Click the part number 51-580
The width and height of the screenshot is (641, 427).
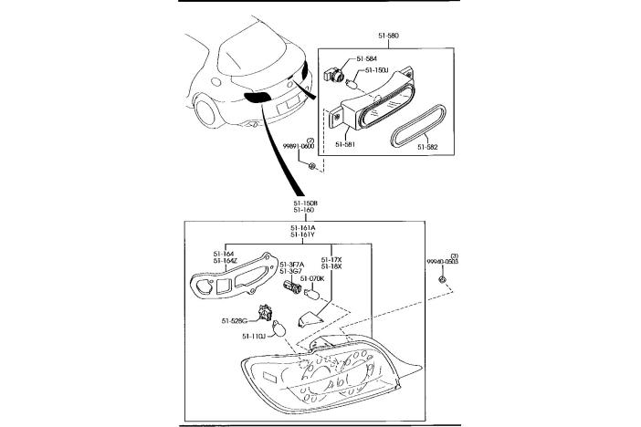point(387,36)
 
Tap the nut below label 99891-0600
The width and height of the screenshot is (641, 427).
point(312,165)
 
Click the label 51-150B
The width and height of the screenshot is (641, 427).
point(305,203)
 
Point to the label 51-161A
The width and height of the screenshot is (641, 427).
point(303,227)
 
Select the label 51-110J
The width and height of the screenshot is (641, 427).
point(253,337)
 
